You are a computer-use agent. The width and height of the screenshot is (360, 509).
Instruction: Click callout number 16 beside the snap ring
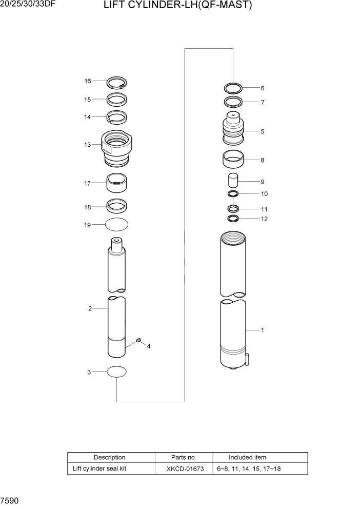[88, 81]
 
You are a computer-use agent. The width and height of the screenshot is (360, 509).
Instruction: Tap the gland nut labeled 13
[117, 148]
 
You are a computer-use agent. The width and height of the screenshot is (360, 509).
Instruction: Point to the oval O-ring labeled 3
[117, 372]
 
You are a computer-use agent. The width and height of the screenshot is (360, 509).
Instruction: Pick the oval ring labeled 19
[117, 225]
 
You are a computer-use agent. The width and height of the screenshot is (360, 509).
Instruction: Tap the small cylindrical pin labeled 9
[233, 182]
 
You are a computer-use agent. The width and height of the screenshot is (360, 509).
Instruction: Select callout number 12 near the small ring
[264, 219]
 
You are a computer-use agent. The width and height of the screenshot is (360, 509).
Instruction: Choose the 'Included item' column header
[247, 457]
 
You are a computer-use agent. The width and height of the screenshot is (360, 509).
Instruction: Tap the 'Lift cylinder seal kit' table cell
[99, 468]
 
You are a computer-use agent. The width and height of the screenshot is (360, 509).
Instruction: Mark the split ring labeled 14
[117, 118]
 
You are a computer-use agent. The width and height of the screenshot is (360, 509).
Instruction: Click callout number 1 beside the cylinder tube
[263, 330]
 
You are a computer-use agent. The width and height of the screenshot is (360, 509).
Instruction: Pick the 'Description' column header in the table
[109, 457]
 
